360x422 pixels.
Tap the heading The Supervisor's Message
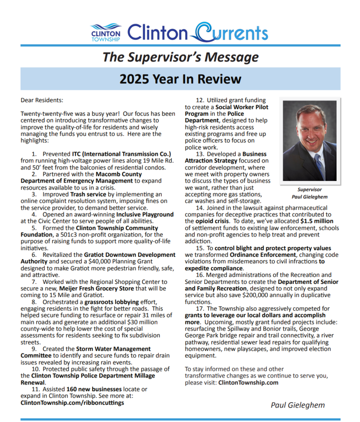[x=180, y=57]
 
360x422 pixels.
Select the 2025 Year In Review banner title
[x=180, y=78]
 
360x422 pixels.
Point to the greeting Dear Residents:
[x=42, y=100]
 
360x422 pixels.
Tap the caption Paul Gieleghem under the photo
[x=309, y=197]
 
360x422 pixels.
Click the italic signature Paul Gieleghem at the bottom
[x=297, y=405]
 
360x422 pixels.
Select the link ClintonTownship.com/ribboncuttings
[x=72, y=403]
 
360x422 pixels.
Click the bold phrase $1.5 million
[x=317, y=221]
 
